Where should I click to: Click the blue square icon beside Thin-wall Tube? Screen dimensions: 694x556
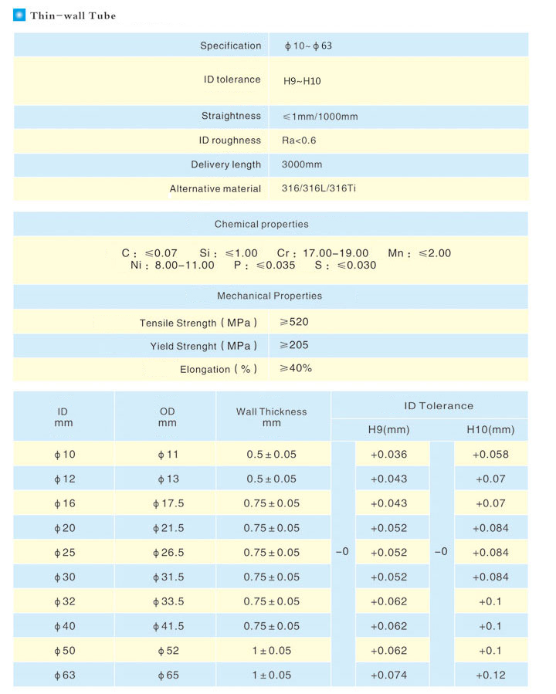(19, 15)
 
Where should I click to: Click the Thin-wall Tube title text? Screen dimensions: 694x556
(73, 15)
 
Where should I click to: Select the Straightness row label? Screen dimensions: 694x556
(231, 117)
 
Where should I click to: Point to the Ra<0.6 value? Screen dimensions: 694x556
(300, 140)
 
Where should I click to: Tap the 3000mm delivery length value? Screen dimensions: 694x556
(303, 164)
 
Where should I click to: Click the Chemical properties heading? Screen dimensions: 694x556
(261, 225)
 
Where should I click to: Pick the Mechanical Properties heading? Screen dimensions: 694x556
(270, 296)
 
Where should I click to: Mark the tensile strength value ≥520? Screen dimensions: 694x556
(294, 322)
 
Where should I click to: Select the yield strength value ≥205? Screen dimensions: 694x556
(294, 345)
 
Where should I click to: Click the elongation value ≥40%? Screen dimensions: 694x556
(296, 368)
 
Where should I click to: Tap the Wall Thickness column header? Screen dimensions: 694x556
(272, 417)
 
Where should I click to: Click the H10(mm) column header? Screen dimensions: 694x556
(490, 429)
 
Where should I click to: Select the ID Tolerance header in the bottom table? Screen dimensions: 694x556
(439, 405)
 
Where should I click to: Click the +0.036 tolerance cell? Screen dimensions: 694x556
(388, 455)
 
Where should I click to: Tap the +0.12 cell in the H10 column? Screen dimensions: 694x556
(490, 675)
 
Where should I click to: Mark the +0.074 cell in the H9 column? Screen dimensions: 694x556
(388, 675)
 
